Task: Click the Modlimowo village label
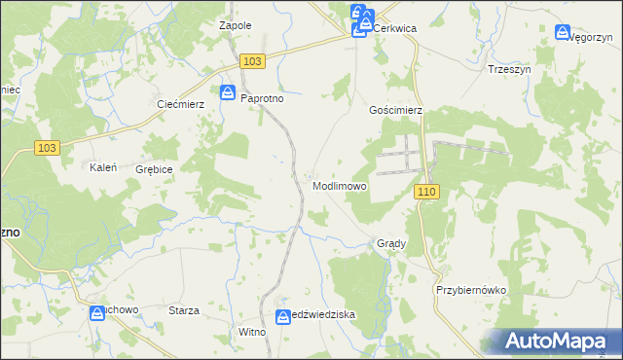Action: pos(340,186)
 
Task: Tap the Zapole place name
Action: pos(237,25)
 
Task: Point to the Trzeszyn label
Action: pos(508,69)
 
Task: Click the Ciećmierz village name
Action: pos(177,104)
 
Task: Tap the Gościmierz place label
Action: pos(395,111)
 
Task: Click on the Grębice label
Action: pos(155,169)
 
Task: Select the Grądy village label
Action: pos(390,243)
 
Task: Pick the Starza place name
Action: pos(184,310)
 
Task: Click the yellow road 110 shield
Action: pos(427,192)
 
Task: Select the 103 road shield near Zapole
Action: pos(252,61)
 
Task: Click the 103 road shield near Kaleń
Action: pos(47,148)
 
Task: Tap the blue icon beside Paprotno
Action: pos(227,93)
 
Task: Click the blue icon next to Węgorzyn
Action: pos(562,32)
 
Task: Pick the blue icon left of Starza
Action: pos(97,313)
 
